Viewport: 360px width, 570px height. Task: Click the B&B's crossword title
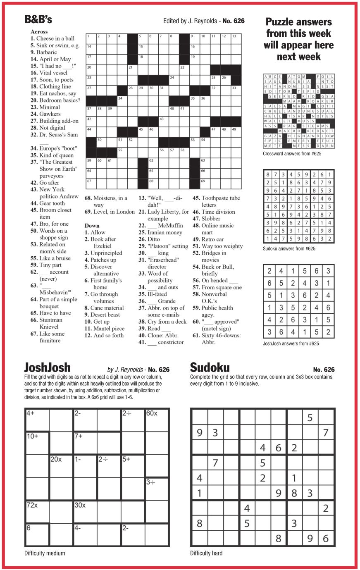[38, 19]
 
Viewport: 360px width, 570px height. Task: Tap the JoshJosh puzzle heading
[47, 367]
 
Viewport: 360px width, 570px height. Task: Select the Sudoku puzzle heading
[210, 367]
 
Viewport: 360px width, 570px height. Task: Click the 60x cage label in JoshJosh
[152, 413]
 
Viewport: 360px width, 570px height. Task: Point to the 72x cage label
[32, 505]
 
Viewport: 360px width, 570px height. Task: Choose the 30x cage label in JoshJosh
[80, 505]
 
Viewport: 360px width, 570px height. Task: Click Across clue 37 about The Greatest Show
[56, 169]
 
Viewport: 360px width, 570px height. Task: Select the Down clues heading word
[92, 226]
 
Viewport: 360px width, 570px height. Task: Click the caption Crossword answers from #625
[292, 154]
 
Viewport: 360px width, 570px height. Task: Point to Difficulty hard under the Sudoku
[206, 553]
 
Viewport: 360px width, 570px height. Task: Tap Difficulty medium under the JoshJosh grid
[44, 553]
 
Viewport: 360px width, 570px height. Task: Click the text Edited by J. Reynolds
[190, 21]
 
